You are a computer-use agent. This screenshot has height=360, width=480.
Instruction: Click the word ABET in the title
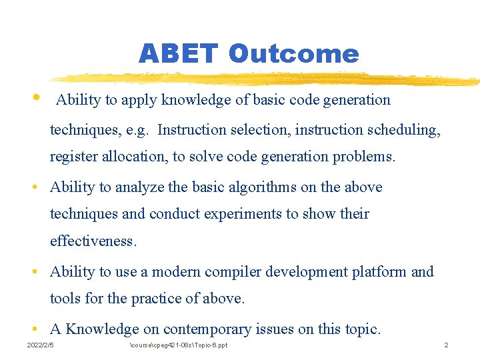point(177,53)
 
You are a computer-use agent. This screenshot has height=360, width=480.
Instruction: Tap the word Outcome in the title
point(293,53)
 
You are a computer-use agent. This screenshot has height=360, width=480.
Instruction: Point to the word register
point(73,157)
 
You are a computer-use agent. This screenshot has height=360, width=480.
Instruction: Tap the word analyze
point(139,187)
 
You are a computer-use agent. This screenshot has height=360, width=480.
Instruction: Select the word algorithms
point(262,187)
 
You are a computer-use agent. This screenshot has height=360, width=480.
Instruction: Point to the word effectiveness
point(93,241)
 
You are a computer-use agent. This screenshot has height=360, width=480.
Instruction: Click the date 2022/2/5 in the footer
point(41,345)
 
